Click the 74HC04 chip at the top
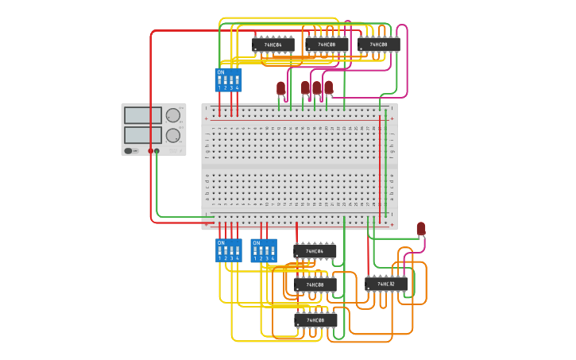pos(273,45)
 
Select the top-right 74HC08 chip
pos(378,45)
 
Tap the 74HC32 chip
pos(386,284)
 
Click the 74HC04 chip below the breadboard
pos(315,252)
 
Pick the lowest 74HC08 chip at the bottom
pos(315,320)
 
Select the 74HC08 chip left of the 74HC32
pos(315,285)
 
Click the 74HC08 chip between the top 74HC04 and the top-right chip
pos(326,45)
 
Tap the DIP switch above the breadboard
pos(227,80)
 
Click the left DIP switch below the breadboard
pos(227,251)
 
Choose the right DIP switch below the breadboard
pos(263,251)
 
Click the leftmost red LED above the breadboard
pos(280,87)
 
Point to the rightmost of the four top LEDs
pos(328,87)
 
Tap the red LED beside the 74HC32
pos(421,229)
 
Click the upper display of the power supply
pos(143,115)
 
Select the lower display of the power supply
pos(143,134)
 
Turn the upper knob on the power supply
pos(172,115)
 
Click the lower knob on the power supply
pos(172,134)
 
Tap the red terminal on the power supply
pos(150,150)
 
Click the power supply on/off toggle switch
pos(128,150)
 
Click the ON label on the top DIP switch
pos(220,72)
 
